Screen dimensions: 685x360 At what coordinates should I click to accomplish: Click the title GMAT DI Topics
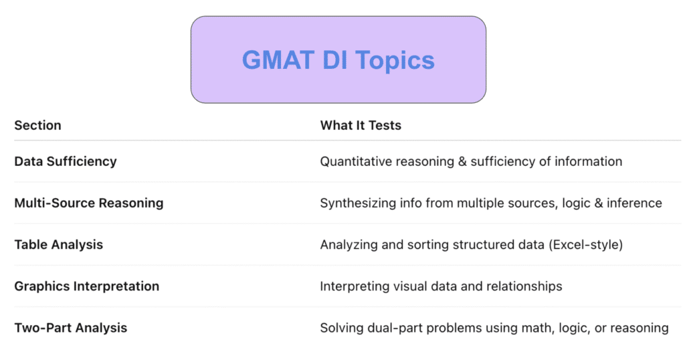338,60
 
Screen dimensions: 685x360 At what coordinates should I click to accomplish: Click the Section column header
37,125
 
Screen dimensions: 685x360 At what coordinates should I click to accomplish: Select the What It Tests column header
361,125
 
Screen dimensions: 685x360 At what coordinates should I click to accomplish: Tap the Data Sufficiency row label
66,162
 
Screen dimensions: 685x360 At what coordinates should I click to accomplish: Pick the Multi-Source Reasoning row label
89,203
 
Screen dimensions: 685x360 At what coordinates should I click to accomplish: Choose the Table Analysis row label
59,245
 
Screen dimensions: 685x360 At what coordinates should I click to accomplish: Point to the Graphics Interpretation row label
86,286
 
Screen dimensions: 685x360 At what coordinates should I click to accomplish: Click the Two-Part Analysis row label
71,328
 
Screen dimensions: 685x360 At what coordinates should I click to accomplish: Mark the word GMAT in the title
278,60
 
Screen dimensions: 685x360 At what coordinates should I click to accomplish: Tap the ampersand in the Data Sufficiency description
462,162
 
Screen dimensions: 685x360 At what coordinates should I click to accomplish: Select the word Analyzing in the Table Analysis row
349,245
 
